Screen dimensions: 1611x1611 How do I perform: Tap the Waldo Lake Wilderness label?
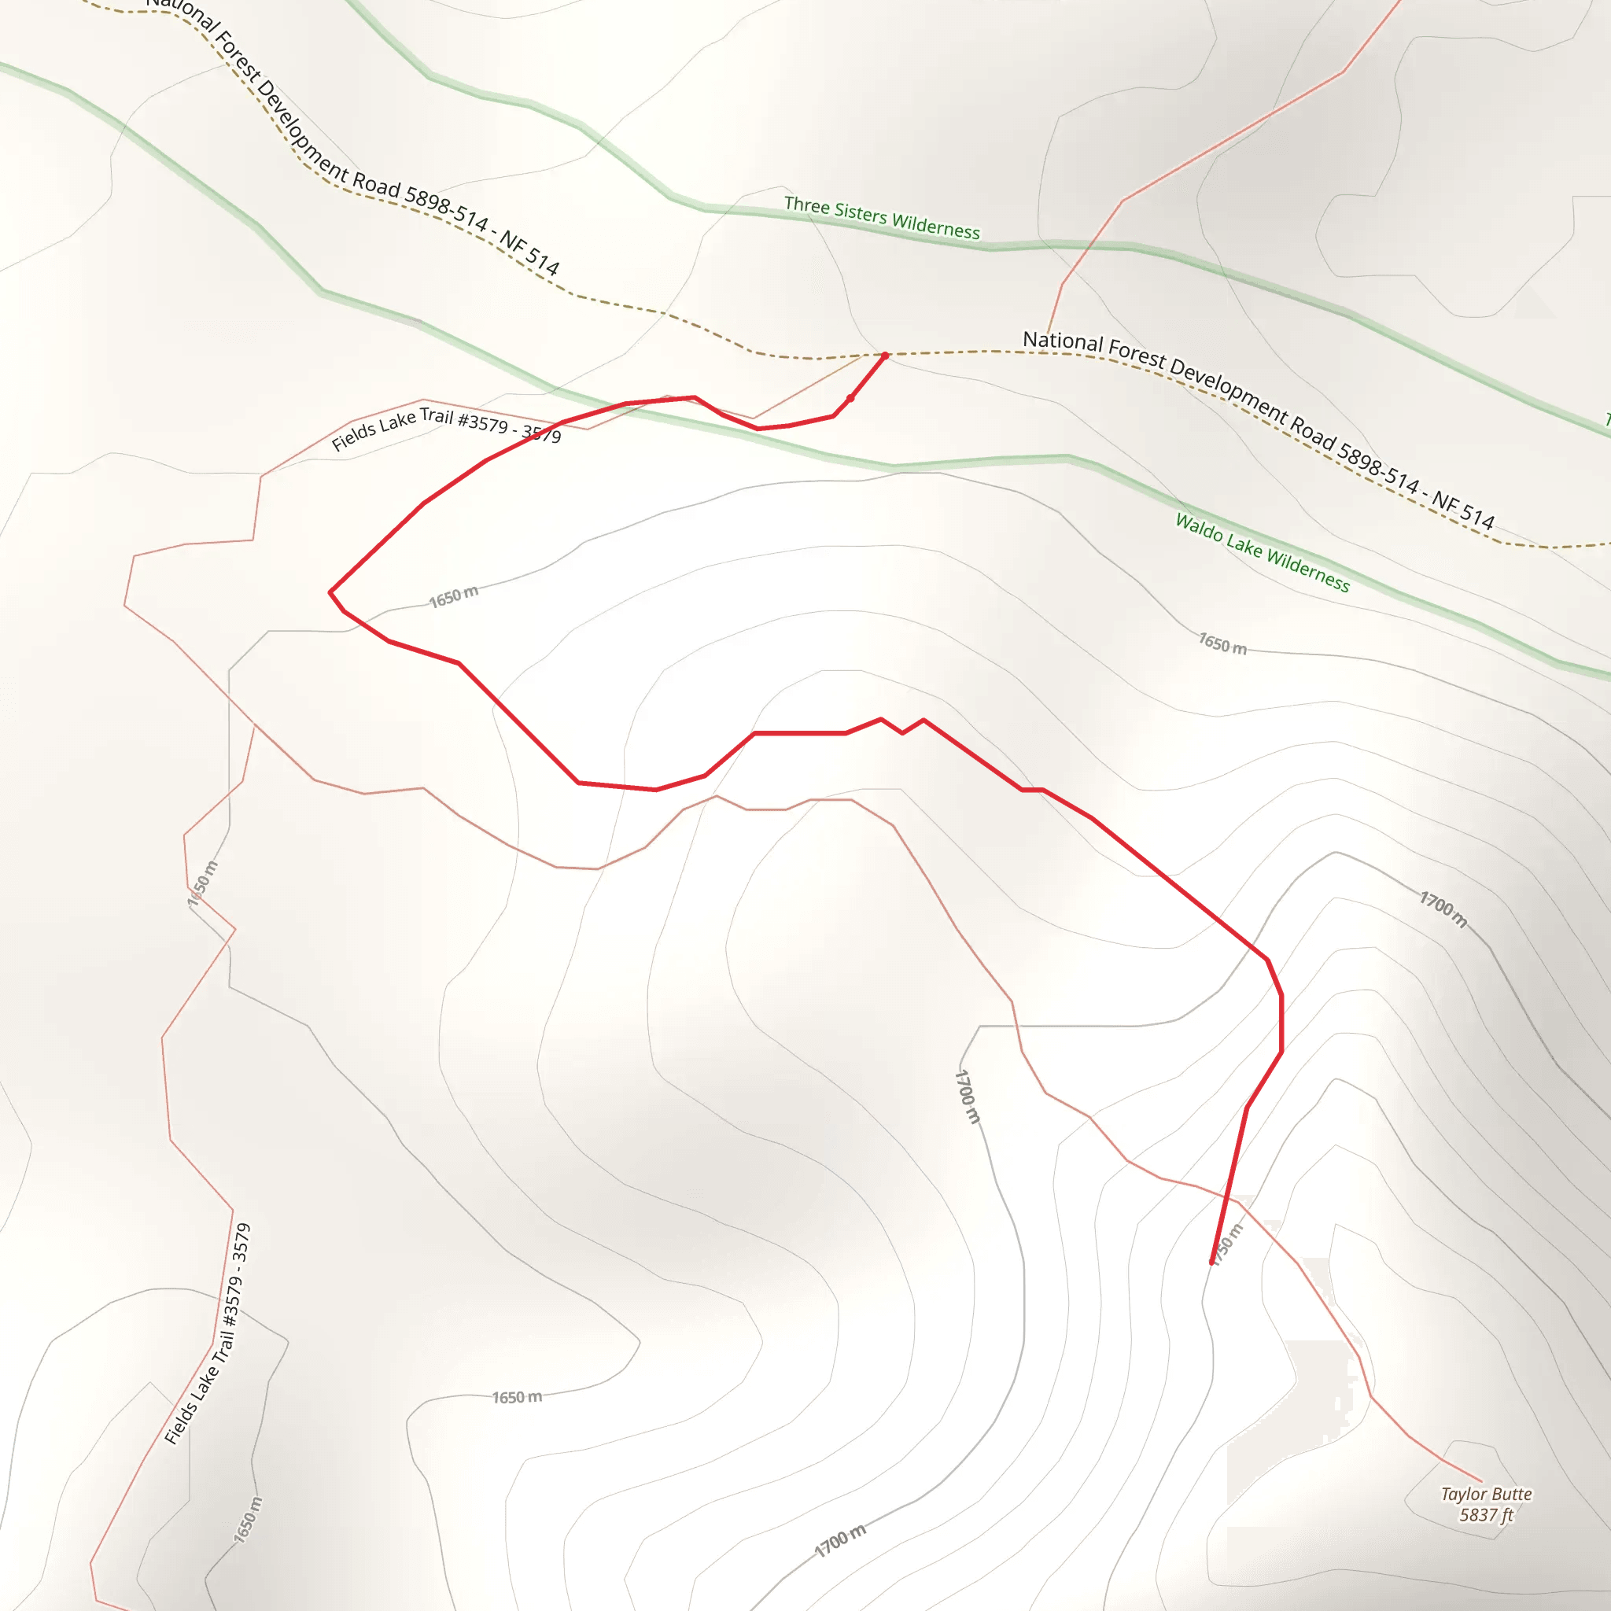1262,552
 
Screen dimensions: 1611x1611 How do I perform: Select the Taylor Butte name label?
1486,1494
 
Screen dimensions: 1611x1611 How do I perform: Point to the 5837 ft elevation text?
1486,1514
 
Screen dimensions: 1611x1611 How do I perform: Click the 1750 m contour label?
1226,1245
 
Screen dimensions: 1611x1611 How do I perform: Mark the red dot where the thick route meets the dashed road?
885,356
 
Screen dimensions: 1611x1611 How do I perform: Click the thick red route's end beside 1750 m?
1211,1262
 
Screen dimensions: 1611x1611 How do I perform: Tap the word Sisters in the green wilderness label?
859,213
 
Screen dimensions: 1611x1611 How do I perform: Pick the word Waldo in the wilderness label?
1197,527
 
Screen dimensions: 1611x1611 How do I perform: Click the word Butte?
1509,1494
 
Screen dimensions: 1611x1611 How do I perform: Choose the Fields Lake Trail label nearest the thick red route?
446,427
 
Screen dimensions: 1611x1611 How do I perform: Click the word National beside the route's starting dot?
1062,341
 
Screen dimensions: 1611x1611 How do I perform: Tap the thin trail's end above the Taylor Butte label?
1482,1482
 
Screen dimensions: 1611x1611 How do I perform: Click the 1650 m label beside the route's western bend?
454,597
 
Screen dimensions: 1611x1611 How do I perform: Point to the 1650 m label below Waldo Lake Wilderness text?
1222,643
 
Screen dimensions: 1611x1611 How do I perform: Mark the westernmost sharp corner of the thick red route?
330,592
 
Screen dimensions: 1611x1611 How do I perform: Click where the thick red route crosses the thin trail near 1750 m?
1228,1198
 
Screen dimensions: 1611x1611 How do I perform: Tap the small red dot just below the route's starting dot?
850,399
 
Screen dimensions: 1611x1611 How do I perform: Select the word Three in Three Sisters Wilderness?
805,205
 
